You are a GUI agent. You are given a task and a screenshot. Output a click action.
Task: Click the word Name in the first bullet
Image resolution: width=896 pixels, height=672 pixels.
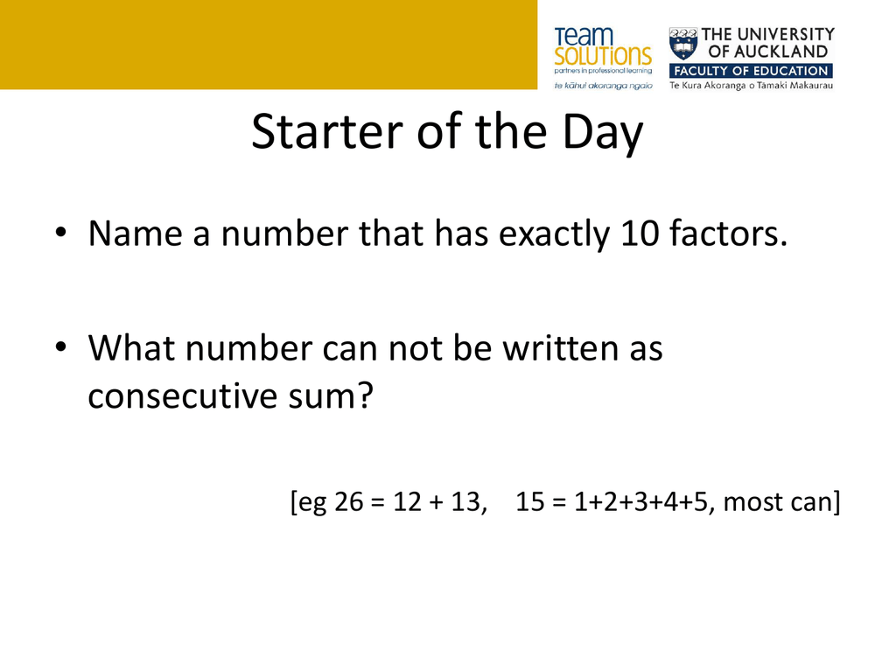click(x=135, y=234)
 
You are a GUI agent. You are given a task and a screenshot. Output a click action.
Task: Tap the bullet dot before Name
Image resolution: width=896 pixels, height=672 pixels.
click(x=60, y=233)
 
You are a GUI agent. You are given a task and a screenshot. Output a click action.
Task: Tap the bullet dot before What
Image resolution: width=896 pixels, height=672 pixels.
click(x=60, y=346)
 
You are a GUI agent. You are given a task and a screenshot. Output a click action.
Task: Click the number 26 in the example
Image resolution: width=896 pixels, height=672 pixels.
click(x=348, y=501)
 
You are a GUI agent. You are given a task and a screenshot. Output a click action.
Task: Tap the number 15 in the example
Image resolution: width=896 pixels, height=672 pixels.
click(x=530, y=501)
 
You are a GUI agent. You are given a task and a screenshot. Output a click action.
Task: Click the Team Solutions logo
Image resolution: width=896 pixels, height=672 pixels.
click(x=603, y=58)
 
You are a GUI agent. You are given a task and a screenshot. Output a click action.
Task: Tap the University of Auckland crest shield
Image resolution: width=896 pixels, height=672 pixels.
click(x=683, y=44)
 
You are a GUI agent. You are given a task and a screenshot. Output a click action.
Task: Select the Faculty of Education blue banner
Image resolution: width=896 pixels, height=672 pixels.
click(x=751, y=71)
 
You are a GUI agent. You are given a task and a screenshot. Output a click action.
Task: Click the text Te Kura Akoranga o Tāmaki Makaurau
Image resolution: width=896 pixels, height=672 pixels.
click(x=751, y=85)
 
